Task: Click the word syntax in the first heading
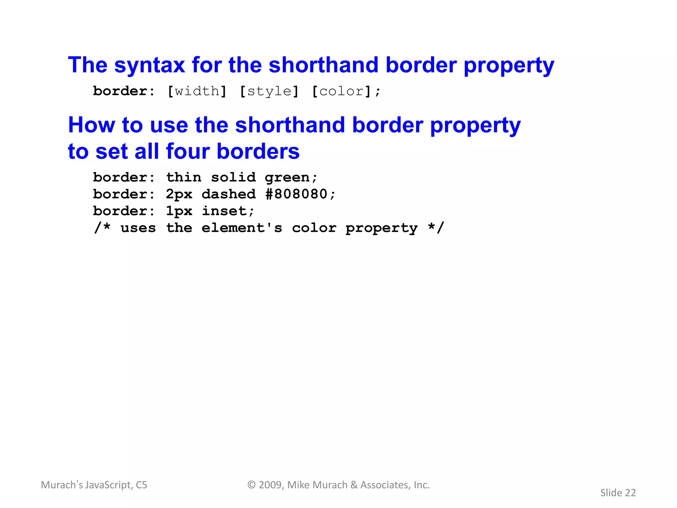pyautogui.click(x=149, y=65)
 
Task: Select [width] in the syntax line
pyautogui.click(x=197, y=91)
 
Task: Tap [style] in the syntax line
pyautogui.click(x=269, y=91)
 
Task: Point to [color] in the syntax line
pyautogui.click(x=341, y=91)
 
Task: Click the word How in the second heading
pyautogui.click(x=92, y=125)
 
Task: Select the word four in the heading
pyautogui.click(x=188, y=151)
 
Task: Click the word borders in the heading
pyautogui.click(x=258, y=151)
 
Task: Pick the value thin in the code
pyautogui.click(x=183, y=178)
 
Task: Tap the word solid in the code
pyautogui.click(x=233, y=178)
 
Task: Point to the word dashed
pyautogui.click(x=229, y=194)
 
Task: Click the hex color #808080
pyautogui.click(x=296, y=194)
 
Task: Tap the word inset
pyautogui.click(x=224, y=211)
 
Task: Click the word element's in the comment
pyautogui.click(x=242, y=228)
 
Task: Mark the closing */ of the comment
pyautogui.click(x=436, y=228)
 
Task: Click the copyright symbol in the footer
pyautogui.click(x=252, y=485)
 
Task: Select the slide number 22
pyautogui.click(x=630, y=493)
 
